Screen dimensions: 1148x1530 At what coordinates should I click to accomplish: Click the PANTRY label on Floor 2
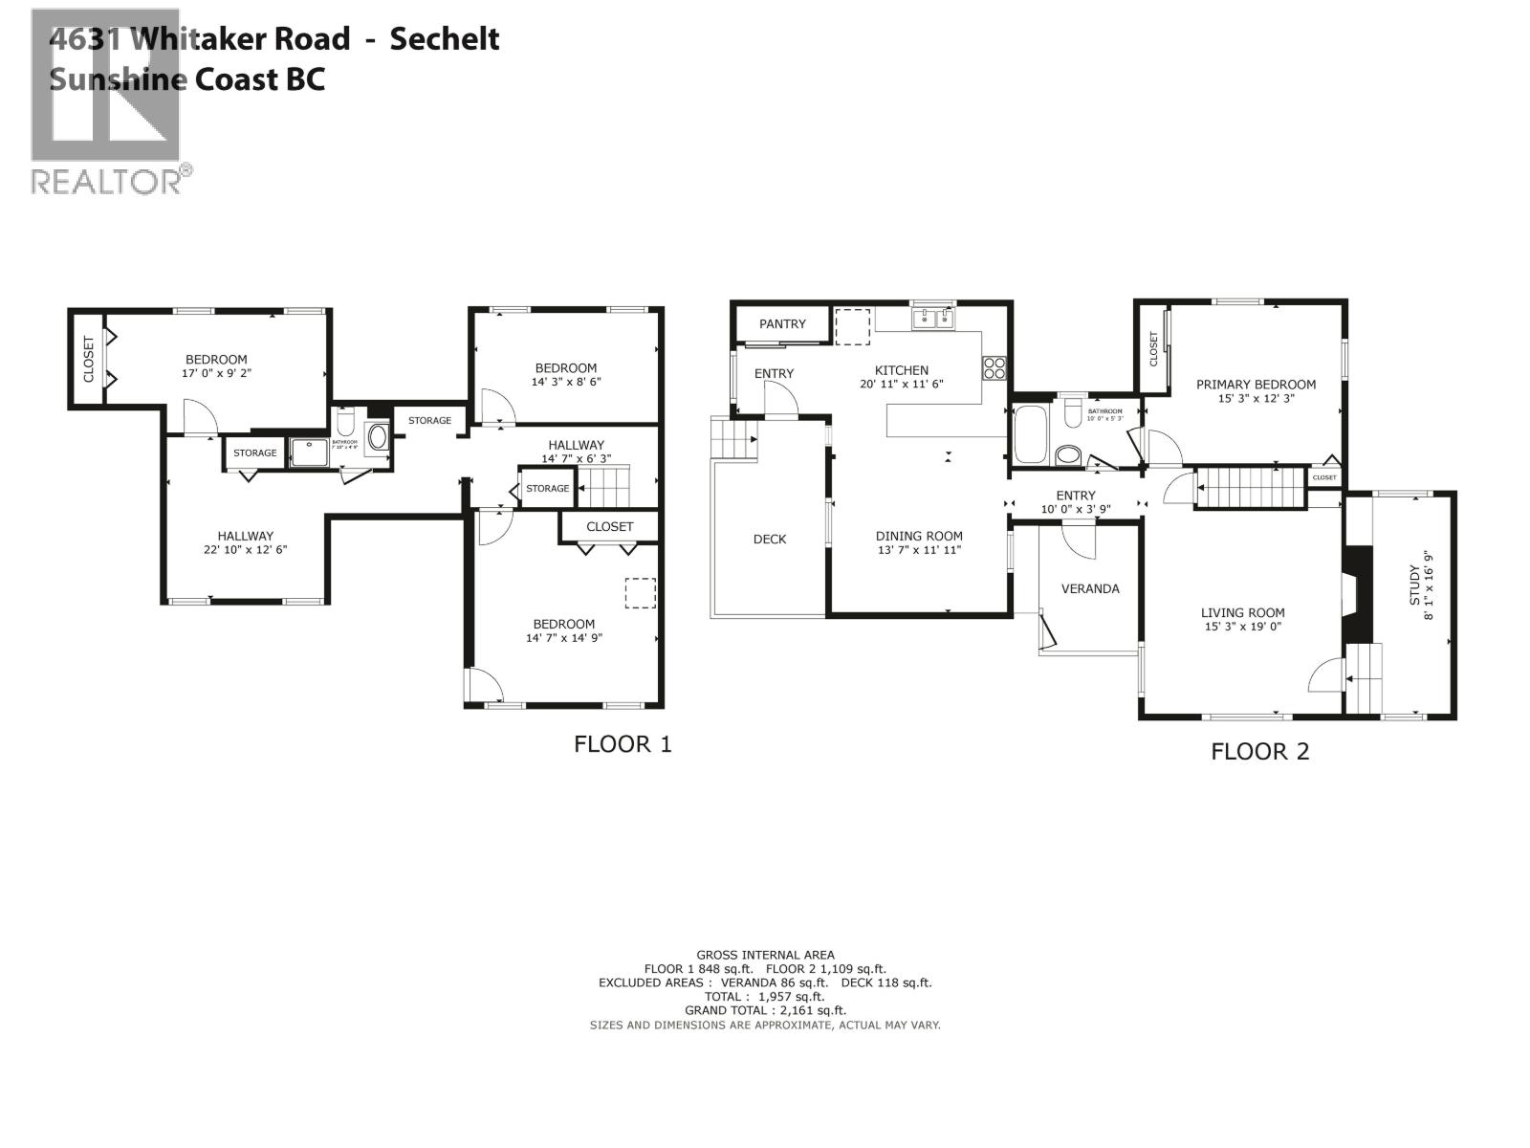(x=782, y=323)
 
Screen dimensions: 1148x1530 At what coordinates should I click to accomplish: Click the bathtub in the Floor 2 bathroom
(x=1031, y=435)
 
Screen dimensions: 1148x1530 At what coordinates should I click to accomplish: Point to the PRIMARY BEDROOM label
(x=1256, y=385)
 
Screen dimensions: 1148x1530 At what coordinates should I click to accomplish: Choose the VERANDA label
(x=1090, y=588)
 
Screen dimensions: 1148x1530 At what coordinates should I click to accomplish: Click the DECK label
(x=769, y=539)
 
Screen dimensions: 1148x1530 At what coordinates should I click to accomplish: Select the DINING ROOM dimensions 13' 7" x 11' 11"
(x=919, y=550)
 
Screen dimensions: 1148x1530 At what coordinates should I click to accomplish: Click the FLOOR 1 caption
(x=623, y=743)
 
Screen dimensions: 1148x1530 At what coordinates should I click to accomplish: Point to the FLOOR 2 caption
(x=1259, y=751)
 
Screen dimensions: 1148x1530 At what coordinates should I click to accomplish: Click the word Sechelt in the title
(x=444, y=39)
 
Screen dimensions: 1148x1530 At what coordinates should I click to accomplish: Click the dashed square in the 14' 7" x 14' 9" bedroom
(x=641, y=592)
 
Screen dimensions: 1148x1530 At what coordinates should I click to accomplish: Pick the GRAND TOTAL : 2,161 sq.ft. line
(x=765, y=1010)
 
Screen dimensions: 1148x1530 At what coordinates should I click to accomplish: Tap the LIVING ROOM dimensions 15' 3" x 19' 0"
(x=1243, y=627)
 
